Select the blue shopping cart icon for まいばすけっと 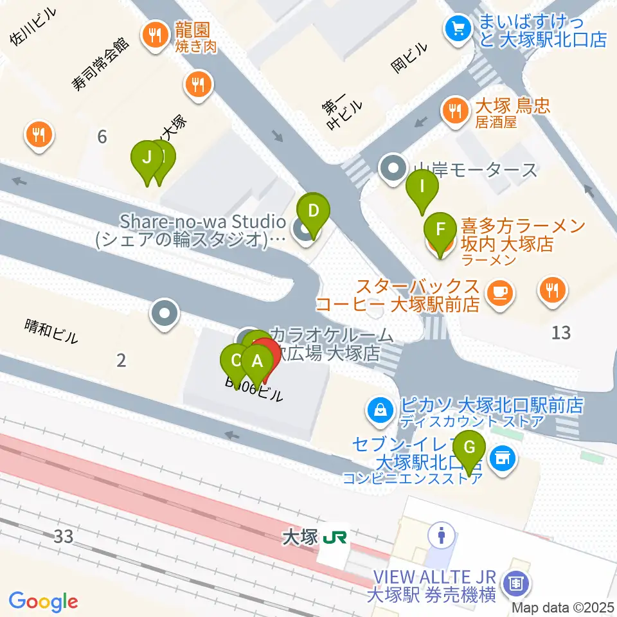(x=458, y=28)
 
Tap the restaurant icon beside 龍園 (x=154, y=36)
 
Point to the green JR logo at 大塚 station (x=335, y=537)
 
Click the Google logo (x=44, y=601)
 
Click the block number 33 (x=63, y=535)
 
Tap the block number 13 (x=561, y=332)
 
